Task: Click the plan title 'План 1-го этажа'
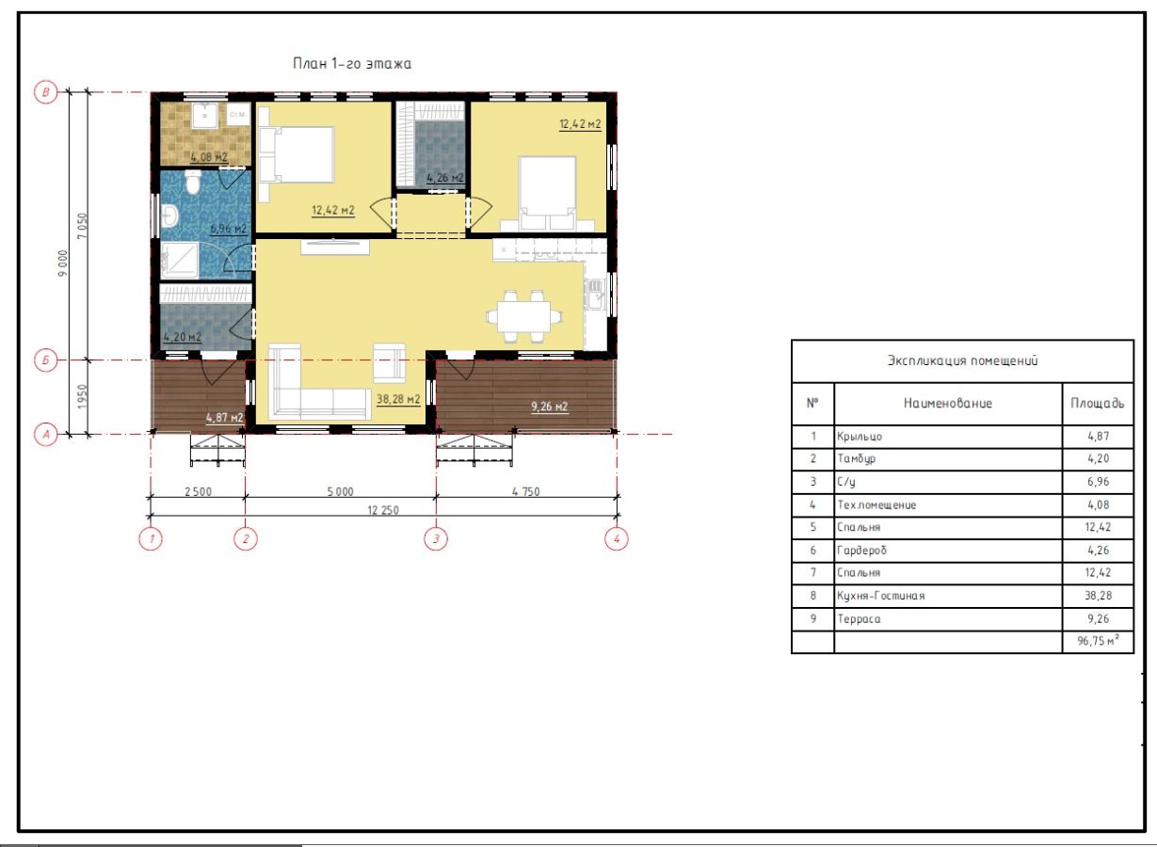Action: (352, 64)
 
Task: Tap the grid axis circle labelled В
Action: (45, 92)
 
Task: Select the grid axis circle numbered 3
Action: (436, 538)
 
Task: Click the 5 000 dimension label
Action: (341, 491)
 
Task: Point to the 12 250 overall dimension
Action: (383, 510)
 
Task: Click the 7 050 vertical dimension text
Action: (83, 226)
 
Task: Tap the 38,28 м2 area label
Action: (397, 399)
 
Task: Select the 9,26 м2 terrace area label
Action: (550, 407)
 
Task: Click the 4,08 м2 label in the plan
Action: (209, 156)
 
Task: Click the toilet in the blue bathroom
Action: (193, 182)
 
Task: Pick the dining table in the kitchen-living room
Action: (524, 316)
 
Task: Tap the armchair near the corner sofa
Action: (390, 363)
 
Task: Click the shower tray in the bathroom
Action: (179, 259)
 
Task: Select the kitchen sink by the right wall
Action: (595, 295)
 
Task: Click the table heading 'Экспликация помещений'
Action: (962, 360)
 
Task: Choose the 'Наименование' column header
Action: (948, 404)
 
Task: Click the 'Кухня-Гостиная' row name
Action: (880, 596)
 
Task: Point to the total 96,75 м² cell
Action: (1098, 640)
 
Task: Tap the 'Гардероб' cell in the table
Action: (861, 550)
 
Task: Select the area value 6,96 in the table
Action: (1098, 481)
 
